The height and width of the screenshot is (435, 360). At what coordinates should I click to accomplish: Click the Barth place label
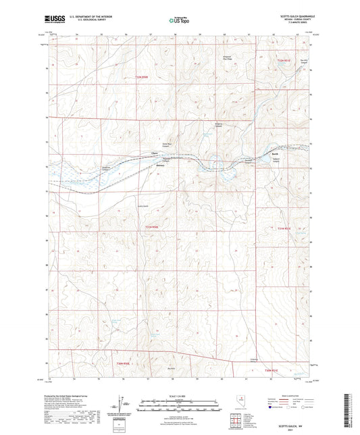click(x=275, y=155)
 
